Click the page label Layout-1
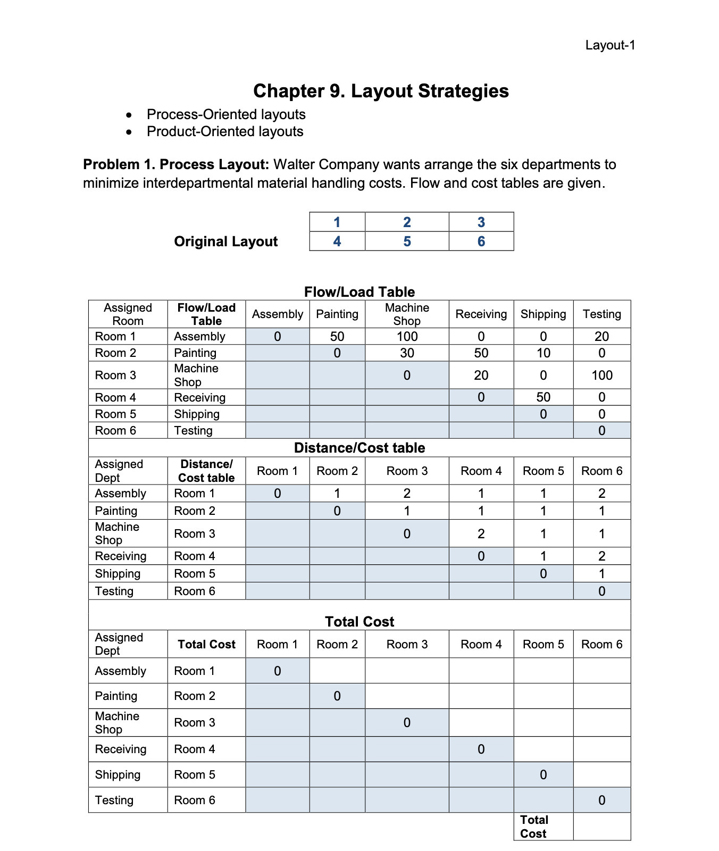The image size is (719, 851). [610, 45]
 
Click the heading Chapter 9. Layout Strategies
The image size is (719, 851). [381, 91]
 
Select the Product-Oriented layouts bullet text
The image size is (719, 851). [225, 131]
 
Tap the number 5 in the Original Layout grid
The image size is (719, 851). [407, 241]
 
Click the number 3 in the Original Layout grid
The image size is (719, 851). [481, 222]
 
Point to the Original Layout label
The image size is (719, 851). [225, 241]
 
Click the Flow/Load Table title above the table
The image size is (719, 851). [359, 291]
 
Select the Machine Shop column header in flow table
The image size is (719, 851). [407, 314]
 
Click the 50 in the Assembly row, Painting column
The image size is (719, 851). [337, 336]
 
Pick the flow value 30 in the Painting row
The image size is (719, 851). [407, 353]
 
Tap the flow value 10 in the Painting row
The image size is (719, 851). [543, 353]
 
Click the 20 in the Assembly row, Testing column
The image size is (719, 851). [601, 336]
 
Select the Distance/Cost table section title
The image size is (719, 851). [359, 448]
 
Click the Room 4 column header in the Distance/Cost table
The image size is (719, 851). [481, 471]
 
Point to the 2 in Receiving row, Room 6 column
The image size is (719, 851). [601, 556]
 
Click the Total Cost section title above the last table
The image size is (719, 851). [359, 621]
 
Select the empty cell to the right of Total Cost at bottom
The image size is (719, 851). [601, 827]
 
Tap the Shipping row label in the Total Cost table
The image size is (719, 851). [118, 774]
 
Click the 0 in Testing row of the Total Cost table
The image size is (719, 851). [601, 800]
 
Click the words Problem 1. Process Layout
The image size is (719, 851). [176, 164]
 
